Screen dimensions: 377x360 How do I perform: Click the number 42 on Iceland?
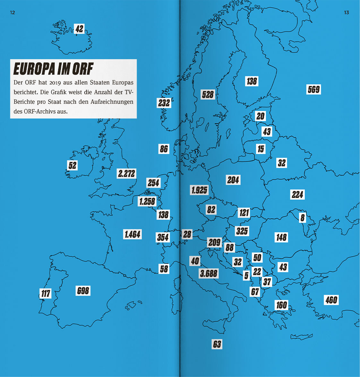[79, 29]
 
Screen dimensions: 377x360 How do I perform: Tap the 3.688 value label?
[209, 273]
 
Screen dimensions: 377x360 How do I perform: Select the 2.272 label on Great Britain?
[126, 174]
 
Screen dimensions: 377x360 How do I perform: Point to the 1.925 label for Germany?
[199, 190]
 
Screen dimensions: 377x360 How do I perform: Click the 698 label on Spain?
[83, 291]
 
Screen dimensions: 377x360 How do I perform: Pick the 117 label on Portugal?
[46, 293]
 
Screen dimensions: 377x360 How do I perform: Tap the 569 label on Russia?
[313, 89]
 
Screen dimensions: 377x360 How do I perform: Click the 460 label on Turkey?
[331, 300]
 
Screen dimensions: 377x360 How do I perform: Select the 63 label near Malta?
[217, 344]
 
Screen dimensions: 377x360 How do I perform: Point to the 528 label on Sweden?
[208, 94]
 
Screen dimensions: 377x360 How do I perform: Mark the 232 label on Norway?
[164, 103]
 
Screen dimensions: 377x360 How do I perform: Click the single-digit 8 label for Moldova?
[302, 218]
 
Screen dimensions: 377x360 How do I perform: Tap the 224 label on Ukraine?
[297, 194]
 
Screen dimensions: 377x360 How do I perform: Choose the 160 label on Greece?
[281, 305]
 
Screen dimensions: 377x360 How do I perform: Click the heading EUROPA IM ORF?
[53, 68]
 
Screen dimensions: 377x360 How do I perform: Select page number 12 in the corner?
[13, 13]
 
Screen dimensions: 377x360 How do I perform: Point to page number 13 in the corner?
[346, 13]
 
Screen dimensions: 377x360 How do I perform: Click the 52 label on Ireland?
[73, 165]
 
